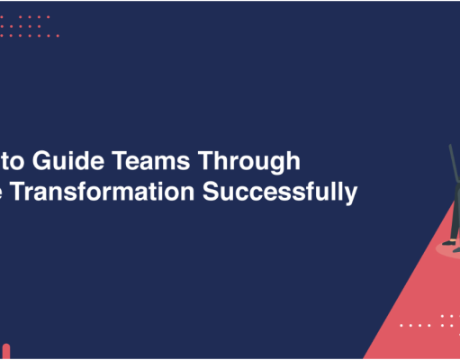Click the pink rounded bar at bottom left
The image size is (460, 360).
[x=5, y=351]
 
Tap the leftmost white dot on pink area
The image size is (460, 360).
[x=401, y=325]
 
